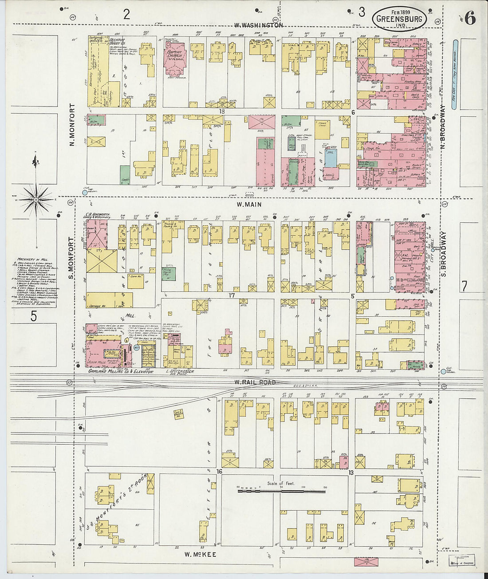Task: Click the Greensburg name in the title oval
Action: coord(399,19)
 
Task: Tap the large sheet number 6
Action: coord(470,19)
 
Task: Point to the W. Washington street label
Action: coord(258,25)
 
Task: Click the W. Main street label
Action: coord(249,205)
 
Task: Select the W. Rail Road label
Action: coord(255,382)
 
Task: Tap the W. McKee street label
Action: coord(200,554)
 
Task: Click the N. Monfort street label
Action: coord(72,126)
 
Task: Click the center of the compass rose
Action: coord(36,200)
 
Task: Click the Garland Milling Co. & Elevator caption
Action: coord(120,371)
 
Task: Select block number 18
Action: coord(222,112)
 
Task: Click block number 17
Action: coord(231,295)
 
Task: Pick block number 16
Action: coord(219,471)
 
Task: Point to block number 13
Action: coord(351,473)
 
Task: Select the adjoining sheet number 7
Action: coord(464,287)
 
